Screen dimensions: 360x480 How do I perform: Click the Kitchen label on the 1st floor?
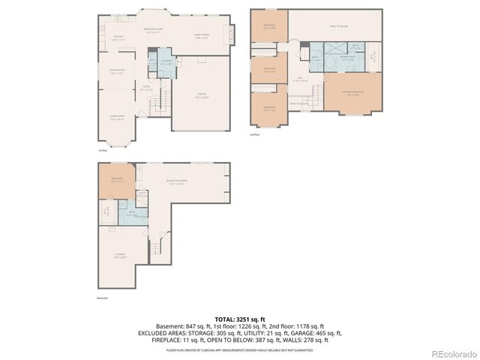(118, 37)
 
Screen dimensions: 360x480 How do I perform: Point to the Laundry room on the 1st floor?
(166, 63)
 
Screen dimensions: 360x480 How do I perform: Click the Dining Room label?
(117, 71)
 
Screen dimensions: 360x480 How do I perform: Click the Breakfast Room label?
(154, 30)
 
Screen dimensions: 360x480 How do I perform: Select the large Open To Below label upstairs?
(340, 27)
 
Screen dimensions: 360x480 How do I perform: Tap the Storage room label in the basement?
(120, 255)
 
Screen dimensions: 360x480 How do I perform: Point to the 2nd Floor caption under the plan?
(255, 135)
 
